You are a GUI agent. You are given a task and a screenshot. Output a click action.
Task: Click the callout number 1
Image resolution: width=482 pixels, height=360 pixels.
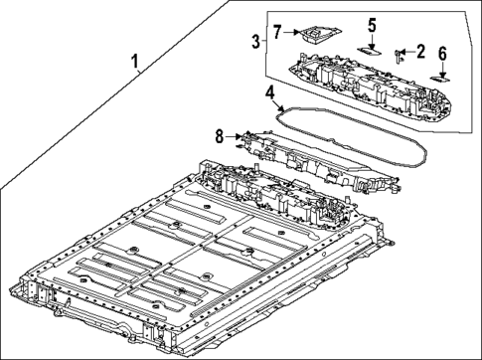point(136,65)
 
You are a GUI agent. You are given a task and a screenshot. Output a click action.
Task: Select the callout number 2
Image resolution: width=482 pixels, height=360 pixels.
point(420,51)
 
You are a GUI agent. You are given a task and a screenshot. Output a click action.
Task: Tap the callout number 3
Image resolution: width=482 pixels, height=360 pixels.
point(255,41)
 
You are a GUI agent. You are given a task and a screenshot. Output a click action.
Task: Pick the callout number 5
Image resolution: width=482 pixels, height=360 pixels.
point(372,24)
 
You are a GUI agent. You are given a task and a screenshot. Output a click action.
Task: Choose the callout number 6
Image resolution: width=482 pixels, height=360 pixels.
point(442,53)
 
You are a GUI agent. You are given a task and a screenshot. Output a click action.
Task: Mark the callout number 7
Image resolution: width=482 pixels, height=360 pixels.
point(278,33)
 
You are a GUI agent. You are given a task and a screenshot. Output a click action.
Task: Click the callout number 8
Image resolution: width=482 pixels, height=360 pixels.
point(221,136)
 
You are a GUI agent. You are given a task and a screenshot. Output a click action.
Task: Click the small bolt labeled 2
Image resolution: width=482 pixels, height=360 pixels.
point(399,54)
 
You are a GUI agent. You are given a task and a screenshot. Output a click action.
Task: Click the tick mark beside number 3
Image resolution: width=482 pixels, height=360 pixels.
point(264,41)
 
